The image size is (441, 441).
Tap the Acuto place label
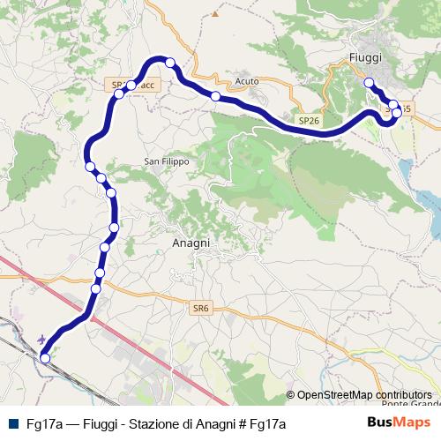click(x=247, y=81)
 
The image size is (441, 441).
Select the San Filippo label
click(x=167, y=161)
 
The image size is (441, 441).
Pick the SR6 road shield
click(x=200, y=308)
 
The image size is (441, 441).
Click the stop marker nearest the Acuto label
click(x=215, y=96)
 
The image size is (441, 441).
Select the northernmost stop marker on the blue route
click(x=170, y=63)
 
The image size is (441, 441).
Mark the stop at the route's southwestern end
click(x=45, y=357)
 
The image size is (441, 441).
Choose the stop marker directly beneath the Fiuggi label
click(x=369, y=84)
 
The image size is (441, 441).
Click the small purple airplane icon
click(x=44, y=338)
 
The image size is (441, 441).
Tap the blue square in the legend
click(x=13, y=423)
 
